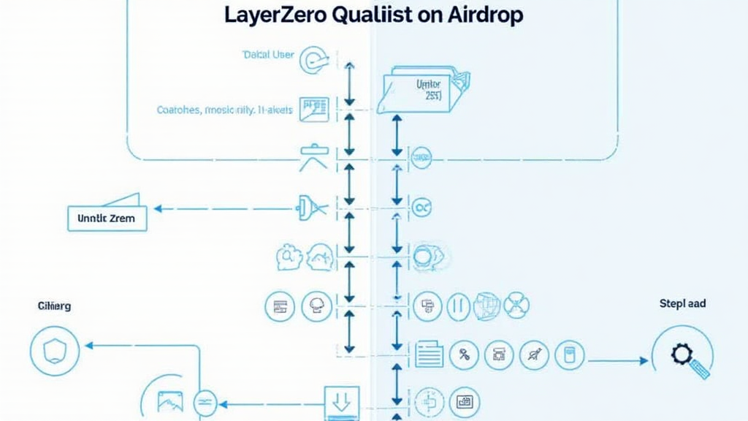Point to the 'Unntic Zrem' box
click(x=107, y=217)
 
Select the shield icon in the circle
click(x=54, y=352)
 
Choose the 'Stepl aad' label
click(x=682, y=303)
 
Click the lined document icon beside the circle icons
click(x=430, y=355)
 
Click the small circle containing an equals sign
click(x=205, y=403)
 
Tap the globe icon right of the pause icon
click(x=487, y=305)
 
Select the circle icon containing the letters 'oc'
click(x=421, y=208)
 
